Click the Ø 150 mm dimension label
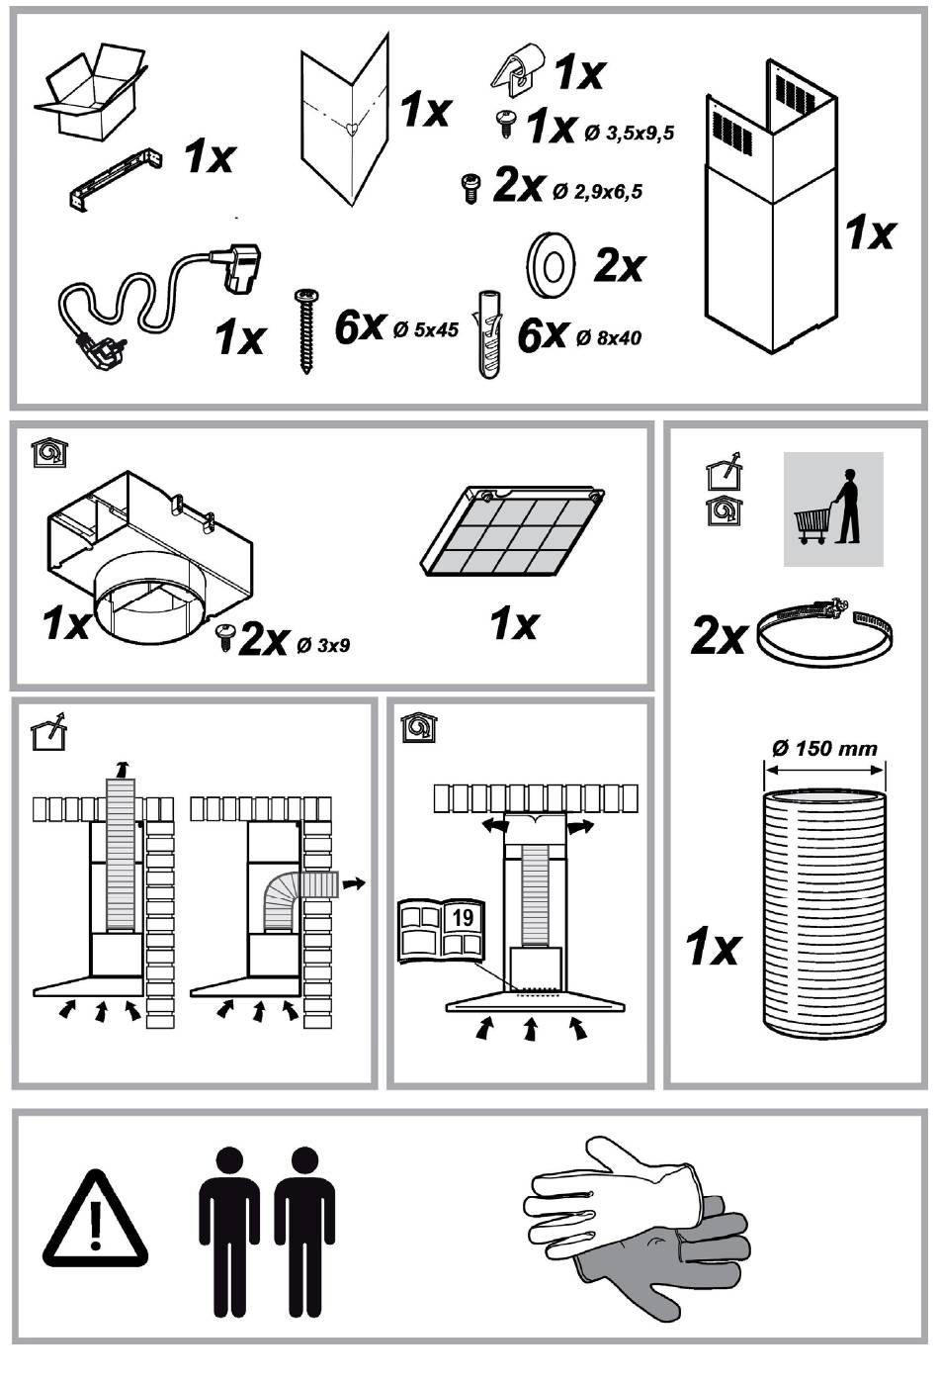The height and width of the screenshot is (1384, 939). pos(824,748)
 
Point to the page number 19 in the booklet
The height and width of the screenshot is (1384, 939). pos(462,916)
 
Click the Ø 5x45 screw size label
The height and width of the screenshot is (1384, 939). pos(425,330)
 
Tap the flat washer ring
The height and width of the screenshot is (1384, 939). pos(549,264)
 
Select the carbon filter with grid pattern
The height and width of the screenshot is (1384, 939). pos(513,532)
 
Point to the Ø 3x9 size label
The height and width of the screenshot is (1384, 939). pos(322,647)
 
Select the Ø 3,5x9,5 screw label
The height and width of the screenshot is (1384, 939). pos(629,133)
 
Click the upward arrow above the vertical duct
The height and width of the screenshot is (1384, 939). pos(122,768)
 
